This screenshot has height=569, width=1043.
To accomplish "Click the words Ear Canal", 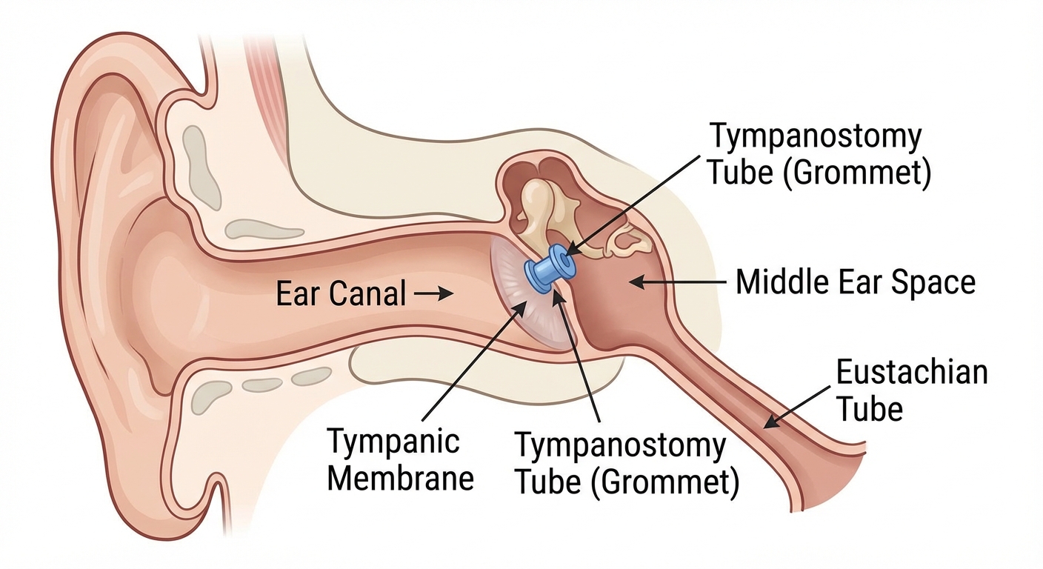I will pyautogui.click(x=340, y=294).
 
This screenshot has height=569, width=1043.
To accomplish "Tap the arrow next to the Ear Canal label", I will pyautogui.click(x=434, y=294).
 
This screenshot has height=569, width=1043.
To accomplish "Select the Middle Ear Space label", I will pyautogui.click(x=855, y=282).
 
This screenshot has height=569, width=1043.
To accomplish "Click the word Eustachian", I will pyautogui.click(x=911, y=372).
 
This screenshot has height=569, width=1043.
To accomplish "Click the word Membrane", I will pyautogui.click(x=400, y=478).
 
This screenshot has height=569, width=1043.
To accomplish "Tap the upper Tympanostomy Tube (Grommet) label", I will pyautogui.click(x=818, y=154).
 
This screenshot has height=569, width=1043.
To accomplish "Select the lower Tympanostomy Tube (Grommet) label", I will pyautogui.click(x=626, y=464).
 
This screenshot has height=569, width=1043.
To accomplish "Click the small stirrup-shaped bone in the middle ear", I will pyautogui.click(x=621, y=239).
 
